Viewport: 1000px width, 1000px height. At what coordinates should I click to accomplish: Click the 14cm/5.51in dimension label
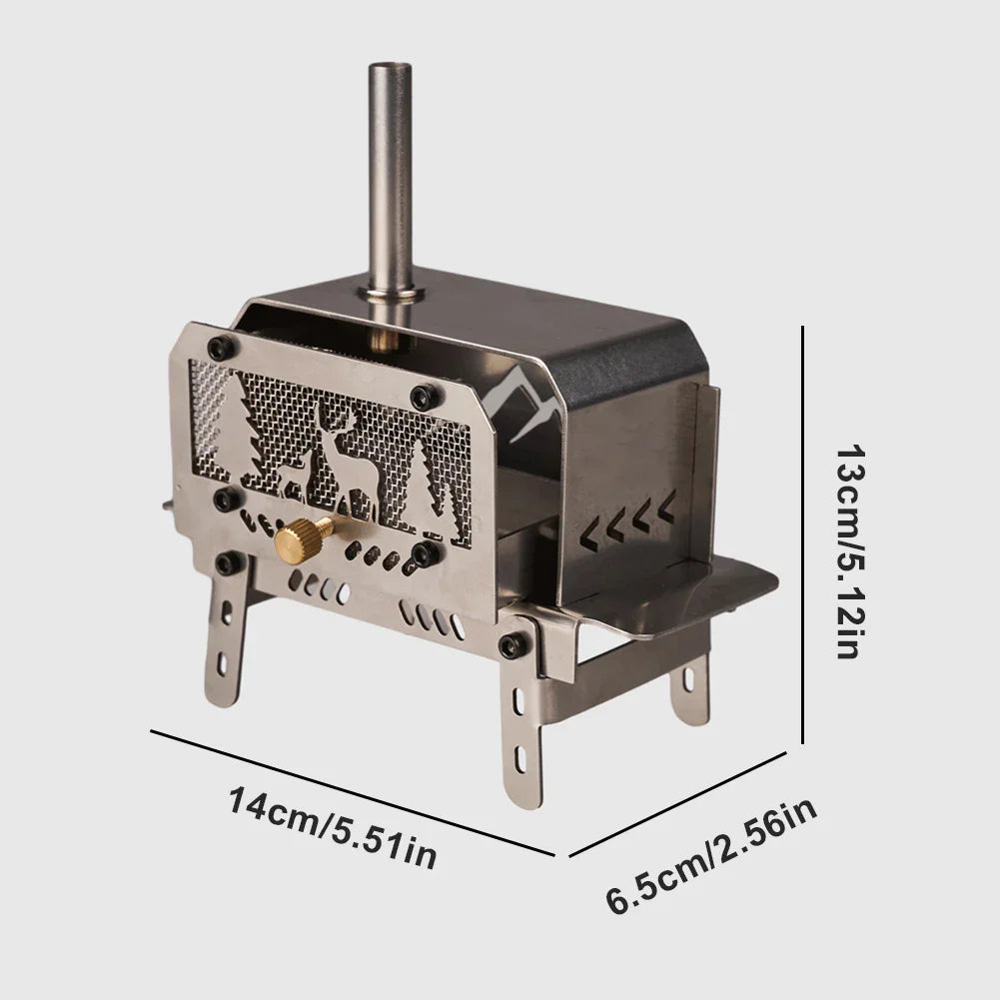click(332, 827)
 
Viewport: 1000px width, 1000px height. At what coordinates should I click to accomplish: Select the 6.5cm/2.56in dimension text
click(712, 857)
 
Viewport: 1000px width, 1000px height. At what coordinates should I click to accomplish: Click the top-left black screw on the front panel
click(220, 347)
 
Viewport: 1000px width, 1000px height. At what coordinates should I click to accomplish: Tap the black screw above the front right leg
click(513, 644)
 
